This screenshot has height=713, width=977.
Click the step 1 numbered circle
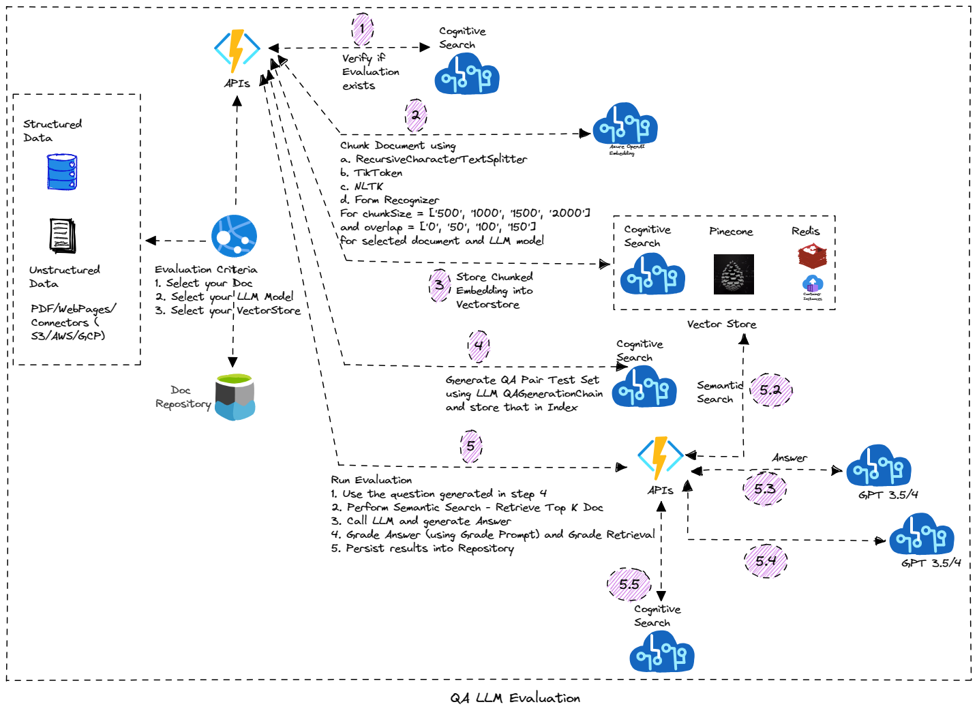[x=362, y=29]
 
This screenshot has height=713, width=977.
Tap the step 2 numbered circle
[x=415, y=115]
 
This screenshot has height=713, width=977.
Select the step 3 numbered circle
[x=440, y=286]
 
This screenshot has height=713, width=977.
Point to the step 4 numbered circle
[x=479, y=346]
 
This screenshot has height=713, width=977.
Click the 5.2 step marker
[x=771, y=390]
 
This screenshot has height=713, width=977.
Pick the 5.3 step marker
[x=765, y=489]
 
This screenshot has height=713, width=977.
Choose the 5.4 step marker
[x=766, y=561]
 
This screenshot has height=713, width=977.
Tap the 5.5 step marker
[x=629, y=584]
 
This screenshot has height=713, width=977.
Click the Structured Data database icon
[x=62, y=172]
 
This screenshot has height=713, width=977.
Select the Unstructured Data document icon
[x=63, y=236]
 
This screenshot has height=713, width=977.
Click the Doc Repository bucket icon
[x=235, y=397]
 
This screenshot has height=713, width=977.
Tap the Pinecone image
[x=734, y=274]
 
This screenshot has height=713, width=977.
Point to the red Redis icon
[x=812, y=257]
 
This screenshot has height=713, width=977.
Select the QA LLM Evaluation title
[x=515, y=698]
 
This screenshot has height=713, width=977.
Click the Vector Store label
[x=721, y=324]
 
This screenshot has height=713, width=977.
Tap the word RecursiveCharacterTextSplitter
[x=441, y=160]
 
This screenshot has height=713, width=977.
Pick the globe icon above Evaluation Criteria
[x=234, y=237]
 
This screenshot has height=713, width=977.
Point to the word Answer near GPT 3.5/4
[x=790, y=458]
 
